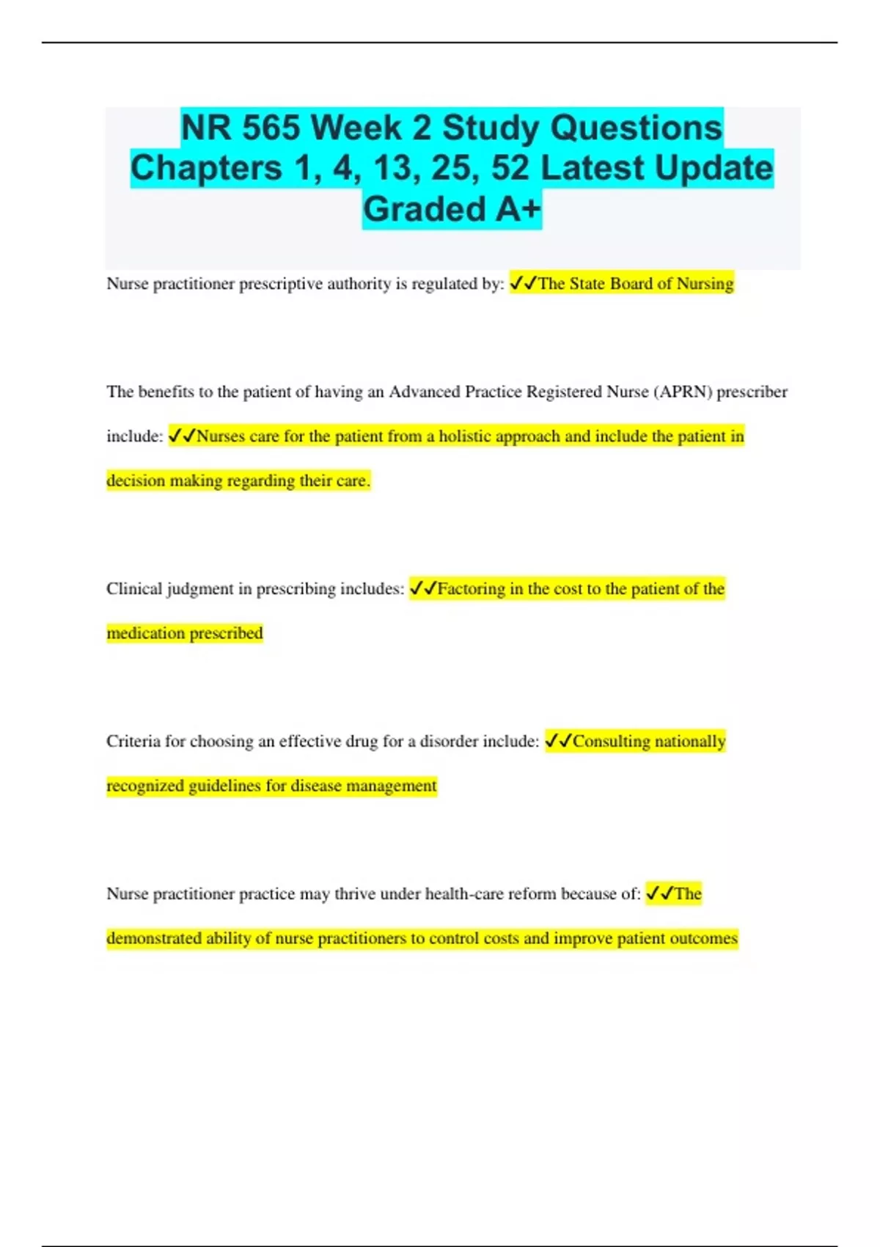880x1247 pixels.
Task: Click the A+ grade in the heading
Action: tap(518, 209)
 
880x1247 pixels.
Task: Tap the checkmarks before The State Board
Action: tap(524, 283)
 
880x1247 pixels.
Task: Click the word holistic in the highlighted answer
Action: tap(465, 436)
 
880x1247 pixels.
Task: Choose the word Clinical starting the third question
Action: tap(133, 589)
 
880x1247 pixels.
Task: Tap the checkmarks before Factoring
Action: tap(423, 588)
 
